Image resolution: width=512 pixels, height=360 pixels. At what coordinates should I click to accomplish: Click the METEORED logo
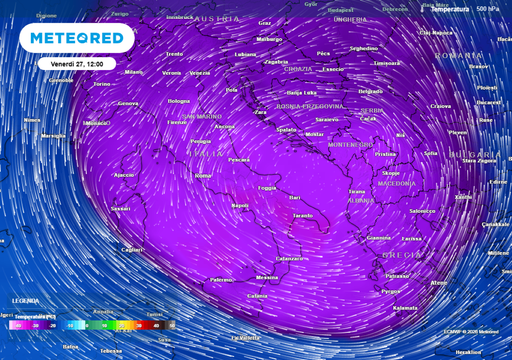coord(78,38)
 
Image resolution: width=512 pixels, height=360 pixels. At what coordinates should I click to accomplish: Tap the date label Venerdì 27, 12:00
coord(83,63)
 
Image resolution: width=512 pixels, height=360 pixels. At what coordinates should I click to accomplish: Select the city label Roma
coord(203,175)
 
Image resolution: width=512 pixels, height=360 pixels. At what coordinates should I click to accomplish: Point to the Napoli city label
coord(240,205)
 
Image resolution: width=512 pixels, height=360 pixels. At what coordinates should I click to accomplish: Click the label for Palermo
coord(221,280)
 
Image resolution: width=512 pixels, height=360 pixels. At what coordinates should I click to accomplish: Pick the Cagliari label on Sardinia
coord(131,249)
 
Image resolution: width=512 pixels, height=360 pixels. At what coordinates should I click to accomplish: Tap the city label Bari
coord(295,197)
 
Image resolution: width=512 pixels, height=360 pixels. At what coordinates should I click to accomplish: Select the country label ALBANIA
coord(361,200)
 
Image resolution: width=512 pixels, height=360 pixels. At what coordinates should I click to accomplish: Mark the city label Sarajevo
coord(326,119)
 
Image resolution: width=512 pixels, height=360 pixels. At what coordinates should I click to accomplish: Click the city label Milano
coord(134,72)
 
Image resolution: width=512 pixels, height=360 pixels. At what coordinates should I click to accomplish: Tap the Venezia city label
coord(200,73)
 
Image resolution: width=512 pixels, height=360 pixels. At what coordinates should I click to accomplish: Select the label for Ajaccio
coord(124,174)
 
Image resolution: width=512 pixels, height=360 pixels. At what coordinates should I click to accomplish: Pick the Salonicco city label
coord(422,211)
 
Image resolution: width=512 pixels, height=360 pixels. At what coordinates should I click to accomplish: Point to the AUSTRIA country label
coord(216,19)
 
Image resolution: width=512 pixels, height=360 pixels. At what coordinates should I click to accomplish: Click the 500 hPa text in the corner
coord(488,8)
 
